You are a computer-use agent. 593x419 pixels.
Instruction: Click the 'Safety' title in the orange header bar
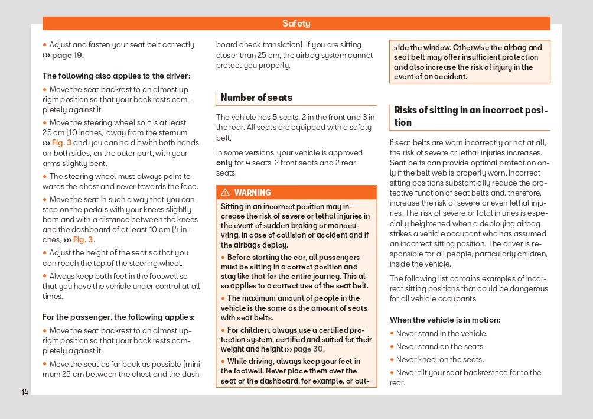pyautogui.click(x=296, y=24)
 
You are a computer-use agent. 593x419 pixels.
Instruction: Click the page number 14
pyautogui.click(x=25, y=392)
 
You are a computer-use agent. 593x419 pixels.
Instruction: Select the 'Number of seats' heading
pyautogui.click(x=256, y=98)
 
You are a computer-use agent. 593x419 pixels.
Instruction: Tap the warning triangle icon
pyautogui.click(x=225, y=193)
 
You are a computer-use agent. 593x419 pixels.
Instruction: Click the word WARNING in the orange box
pyautogui.click(x=252, y=193)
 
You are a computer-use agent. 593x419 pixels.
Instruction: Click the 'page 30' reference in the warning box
pyautogui.click(x=309, y=349)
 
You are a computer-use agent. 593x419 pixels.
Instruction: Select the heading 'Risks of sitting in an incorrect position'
pyautogui.click(x=471, y=116)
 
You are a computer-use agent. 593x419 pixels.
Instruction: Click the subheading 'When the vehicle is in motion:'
pyautogui.click(x=445, y=320)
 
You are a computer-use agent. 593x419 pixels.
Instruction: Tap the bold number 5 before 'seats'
pyautogui.click(x=275, y=117)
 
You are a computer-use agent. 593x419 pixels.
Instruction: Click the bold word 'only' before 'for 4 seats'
pyautogui.click(x=224, y=163)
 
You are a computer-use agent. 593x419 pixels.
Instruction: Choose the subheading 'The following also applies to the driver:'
pyautogui.click(x=116, y=76)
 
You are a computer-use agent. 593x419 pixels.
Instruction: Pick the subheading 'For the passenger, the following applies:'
pyautogui.click(x=118, y=317)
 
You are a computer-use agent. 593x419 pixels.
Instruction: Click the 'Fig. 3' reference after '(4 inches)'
pyautogui.click(x=83, y=240)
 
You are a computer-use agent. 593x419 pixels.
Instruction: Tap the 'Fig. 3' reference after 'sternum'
pyautogui.click(x=61, y=143)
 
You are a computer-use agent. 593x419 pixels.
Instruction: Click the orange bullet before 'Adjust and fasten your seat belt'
pyautogui.click(x=44, y=45)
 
